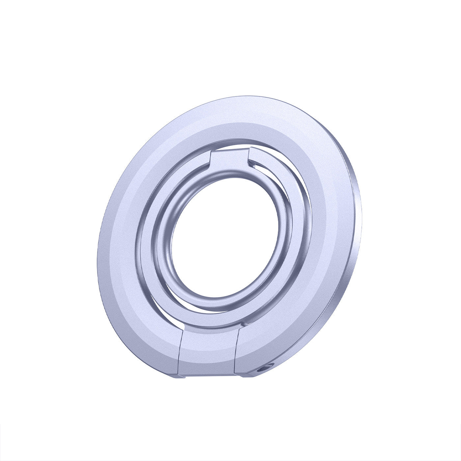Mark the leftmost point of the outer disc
coord(98,250)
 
